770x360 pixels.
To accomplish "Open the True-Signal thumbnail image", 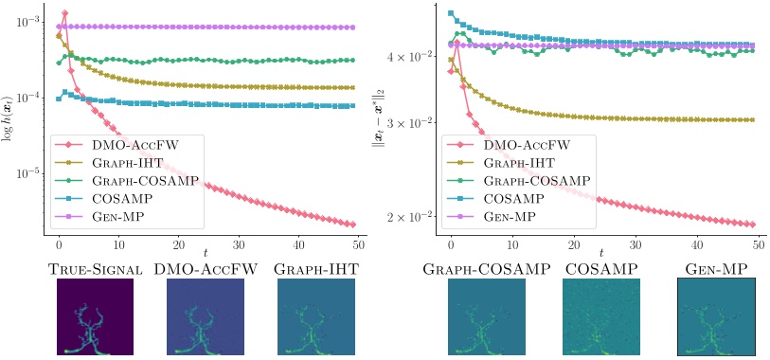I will (95, 316).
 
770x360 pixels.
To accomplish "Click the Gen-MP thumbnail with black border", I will (716, 316).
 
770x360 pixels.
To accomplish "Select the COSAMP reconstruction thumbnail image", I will (600, 316).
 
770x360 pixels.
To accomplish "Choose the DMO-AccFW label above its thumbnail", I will (206, 269).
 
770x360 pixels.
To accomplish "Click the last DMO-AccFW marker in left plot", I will (352, 225).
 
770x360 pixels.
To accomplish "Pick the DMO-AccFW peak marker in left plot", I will (64, 13).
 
